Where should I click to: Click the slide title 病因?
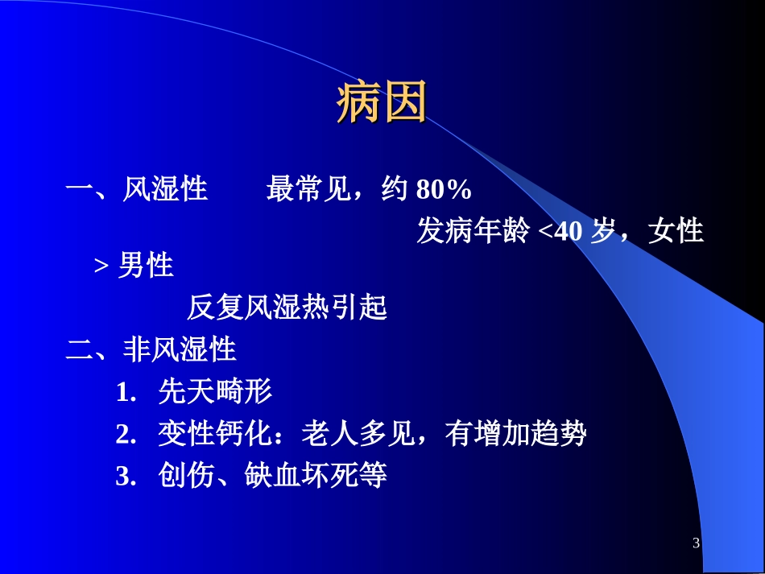(x=381, y=105)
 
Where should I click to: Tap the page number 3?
(x=696, y=543)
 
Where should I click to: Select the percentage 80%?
(x=444, y=191)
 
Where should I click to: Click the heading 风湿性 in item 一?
(x=165, y=191)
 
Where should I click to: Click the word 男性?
(x=146, y=266)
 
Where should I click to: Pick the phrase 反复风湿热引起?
(x=287, y=308)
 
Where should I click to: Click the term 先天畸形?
(x=215, y=393)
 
